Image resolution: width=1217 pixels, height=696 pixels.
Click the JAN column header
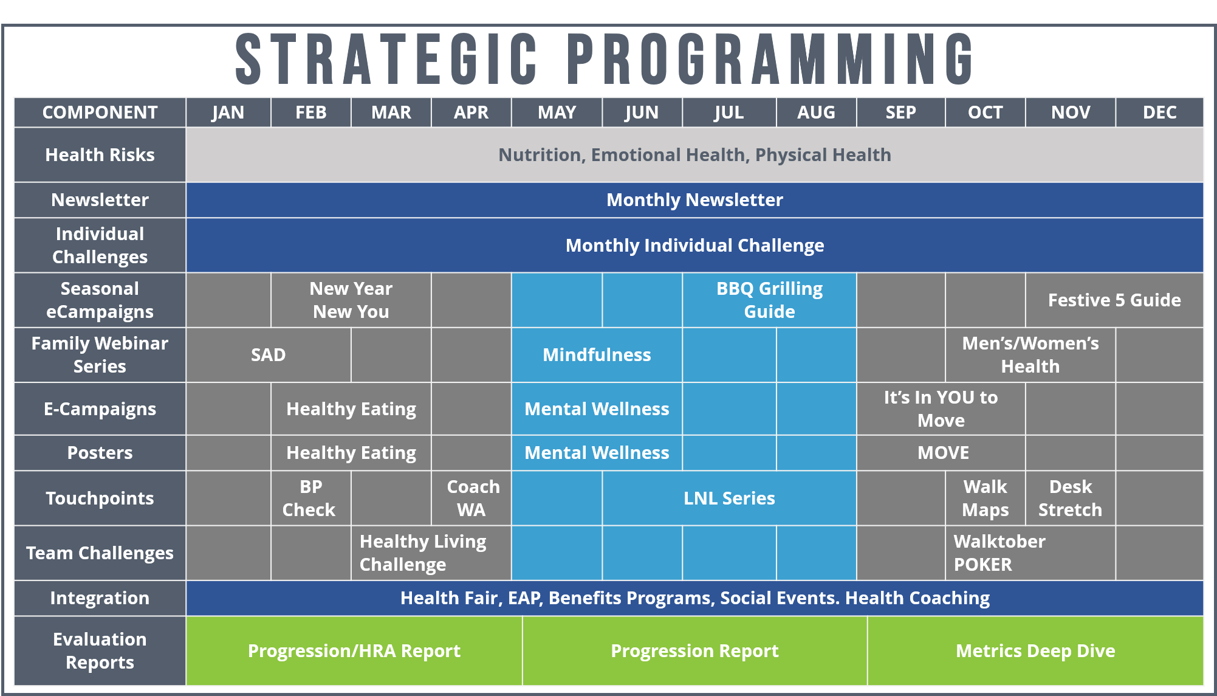coord(228,112)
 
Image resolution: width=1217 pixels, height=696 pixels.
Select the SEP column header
coord(900,112)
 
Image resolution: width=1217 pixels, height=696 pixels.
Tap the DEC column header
coord(1159,112)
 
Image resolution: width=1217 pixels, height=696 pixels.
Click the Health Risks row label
coord(100,155)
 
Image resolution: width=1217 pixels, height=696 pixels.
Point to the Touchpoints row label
coord(100,498)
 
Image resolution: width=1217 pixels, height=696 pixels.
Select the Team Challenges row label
coord(100,553)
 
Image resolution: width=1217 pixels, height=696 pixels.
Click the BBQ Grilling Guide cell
coord(769,300)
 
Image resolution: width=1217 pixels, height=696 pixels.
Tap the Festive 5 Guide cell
coord(1114,300)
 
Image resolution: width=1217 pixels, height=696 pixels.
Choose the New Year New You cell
coord(351,300)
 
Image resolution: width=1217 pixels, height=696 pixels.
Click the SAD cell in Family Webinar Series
coord(269,355)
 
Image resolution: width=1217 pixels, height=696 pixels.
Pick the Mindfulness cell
coord(597,355)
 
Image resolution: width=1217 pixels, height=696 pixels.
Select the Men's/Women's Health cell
coord(1030,355)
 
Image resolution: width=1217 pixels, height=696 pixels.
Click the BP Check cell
coord(311,498)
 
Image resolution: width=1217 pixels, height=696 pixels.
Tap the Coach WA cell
coord(471,498)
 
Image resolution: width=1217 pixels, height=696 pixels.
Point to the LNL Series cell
coord(729,498)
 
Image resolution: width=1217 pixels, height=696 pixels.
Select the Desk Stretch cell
coord(1071,498)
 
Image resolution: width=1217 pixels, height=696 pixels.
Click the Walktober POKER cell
coord(1030,553)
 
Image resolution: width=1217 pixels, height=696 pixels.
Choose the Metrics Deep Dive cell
coord(1035,651)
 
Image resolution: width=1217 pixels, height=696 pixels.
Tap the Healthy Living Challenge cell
coord(431,553)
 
